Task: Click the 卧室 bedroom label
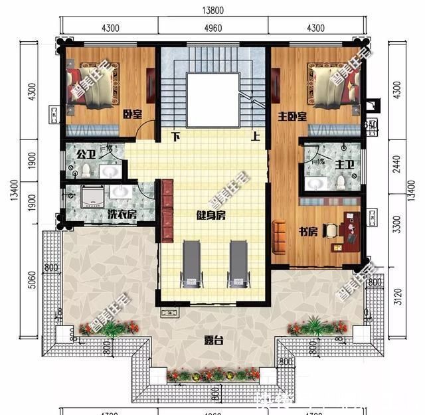pos(133,114)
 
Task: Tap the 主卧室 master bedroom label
pos(292,117)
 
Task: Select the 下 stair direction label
pos(176,138)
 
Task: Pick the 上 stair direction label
pos(255,138)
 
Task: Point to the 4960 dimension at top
pos(212,28)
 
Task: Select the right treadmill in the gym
pos(237,264)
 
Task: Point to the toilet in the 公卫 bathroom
pos(86,170)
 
